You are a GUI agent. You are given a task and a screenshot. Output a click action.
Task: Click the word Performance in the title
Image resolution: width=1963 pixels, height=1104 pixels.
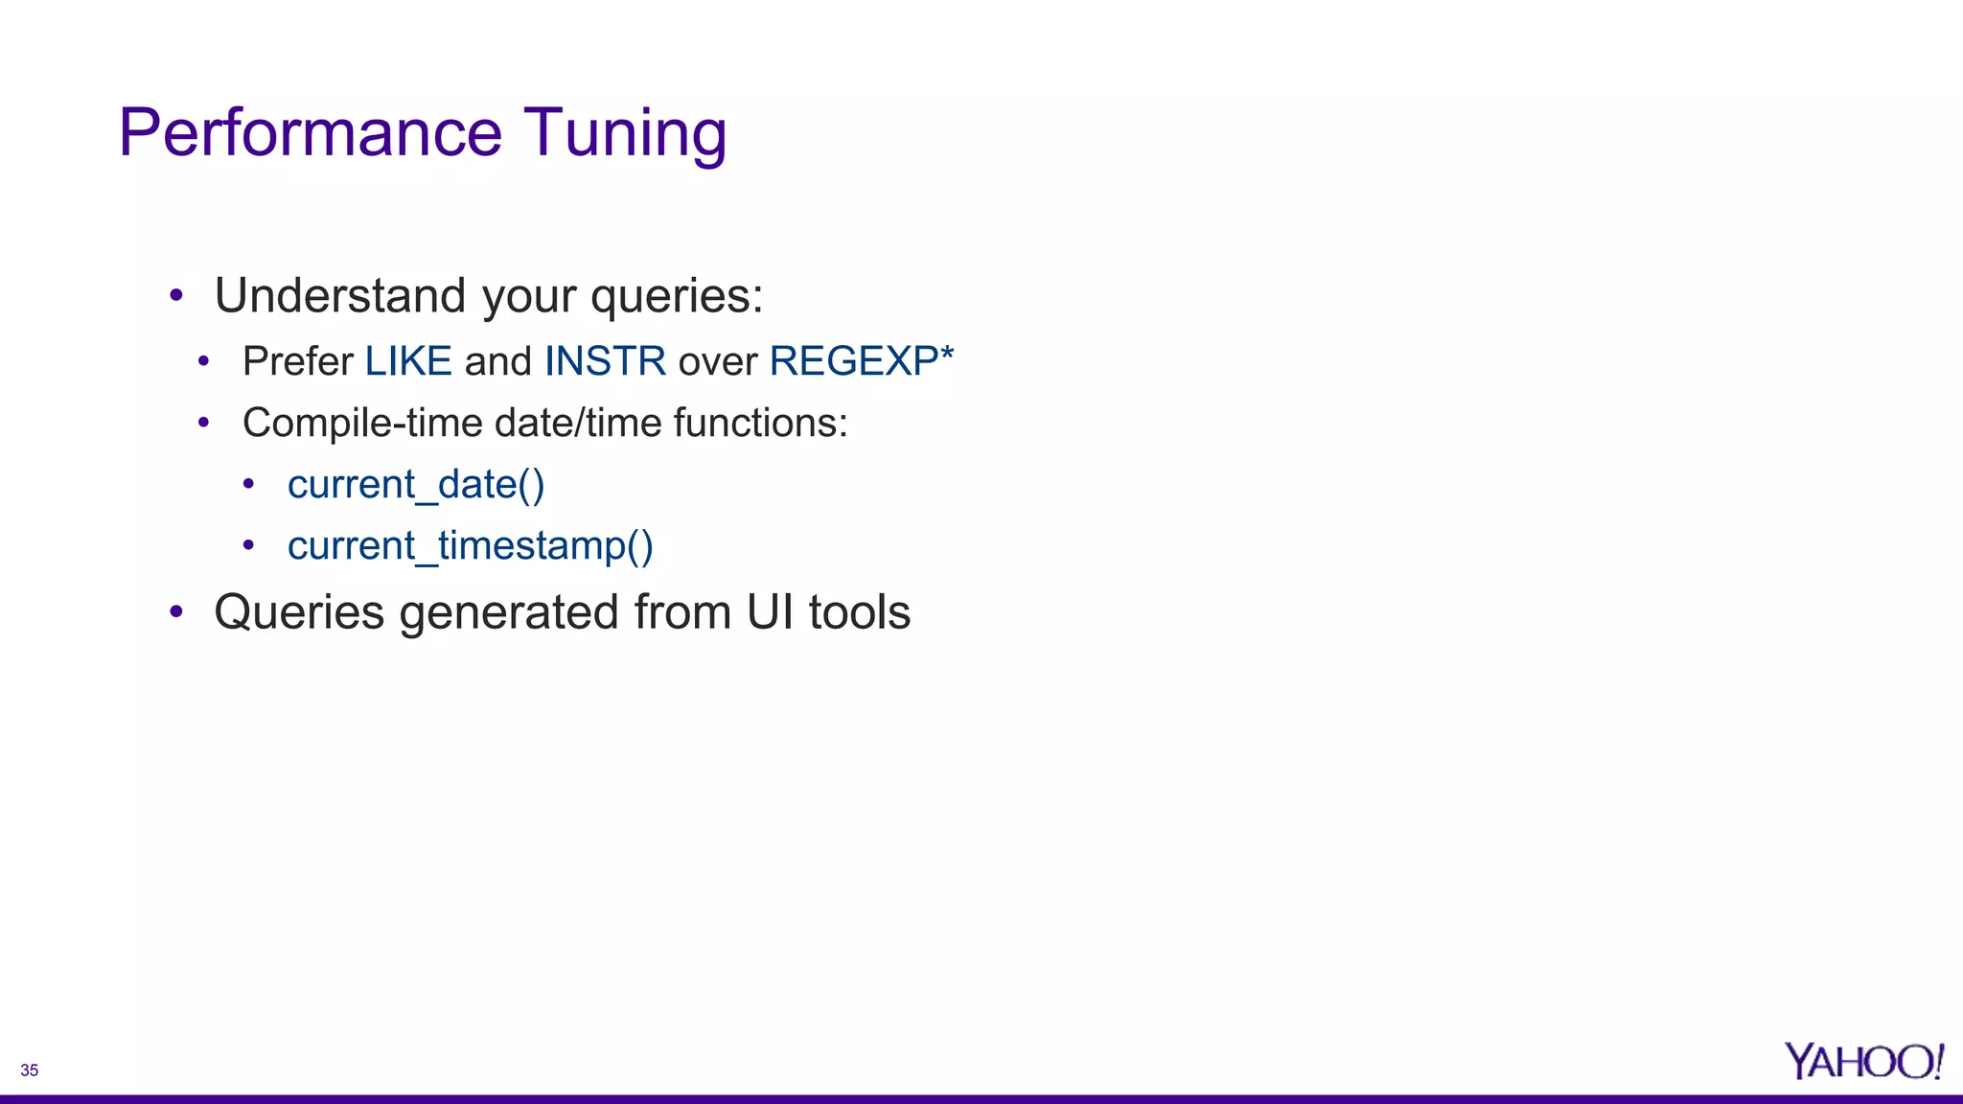[310, 133]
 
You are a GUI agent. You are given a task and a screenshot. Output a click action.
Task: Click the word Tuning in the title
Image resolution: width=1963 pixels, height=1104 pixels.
[625, 133]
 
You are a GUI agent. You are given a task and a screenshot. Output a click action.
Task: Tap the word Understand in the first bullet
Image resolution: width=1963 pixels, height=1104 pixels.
[340, 295]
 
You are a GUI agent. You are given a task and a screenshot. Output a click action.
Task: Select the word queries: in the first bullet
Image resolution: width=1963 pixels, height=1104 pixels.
[677, 297]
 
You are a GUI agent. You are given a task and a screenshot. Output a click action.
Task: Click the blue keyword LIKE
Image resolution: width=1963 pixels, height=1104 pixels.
[408, 361]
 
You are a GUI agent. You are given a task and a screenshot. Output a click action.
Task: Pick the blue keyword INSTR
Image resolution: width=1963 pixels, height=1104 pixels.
[605, 361]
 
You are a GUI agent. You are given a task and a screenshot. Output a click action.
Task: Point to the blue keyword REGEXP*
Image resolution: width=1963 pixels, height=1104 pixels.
[861, 361]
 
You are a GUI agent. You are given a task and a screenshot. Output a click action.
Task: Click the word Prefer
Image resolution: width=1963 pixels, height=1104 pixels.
[298, 361]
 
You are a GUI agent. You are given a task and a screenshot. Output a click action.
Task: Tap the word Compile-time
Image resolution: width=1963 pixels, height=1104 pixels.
[362, 423]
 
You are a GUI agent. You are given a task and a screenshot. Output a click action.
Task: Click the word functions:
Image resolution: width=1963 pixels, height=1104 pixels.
[760, 423]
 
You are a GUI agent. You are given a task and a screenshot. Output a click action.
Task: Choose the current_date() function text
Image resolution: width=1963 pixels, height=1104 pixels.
[416, 485]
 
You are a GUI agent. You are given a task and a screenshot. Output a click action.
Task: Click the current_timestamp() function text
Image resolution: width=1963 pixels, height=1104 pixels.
[470, 546]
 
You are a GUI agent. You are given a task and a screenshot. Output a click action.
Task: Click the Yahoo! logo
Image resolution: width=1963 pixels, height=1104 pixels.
[1862, 1062]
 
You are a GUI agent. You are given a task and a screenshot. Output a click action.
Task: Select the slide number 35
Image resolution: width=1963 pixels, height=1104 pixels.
[30, 1070]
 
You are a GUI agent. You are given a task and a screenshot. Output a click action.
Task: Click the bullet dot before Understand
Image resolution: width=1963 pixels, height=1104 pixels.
[176, 295]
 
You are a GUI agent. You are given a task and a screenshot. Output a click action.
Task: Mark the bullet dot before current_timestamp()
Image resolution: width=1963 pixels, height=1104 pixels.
[248, 545]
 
